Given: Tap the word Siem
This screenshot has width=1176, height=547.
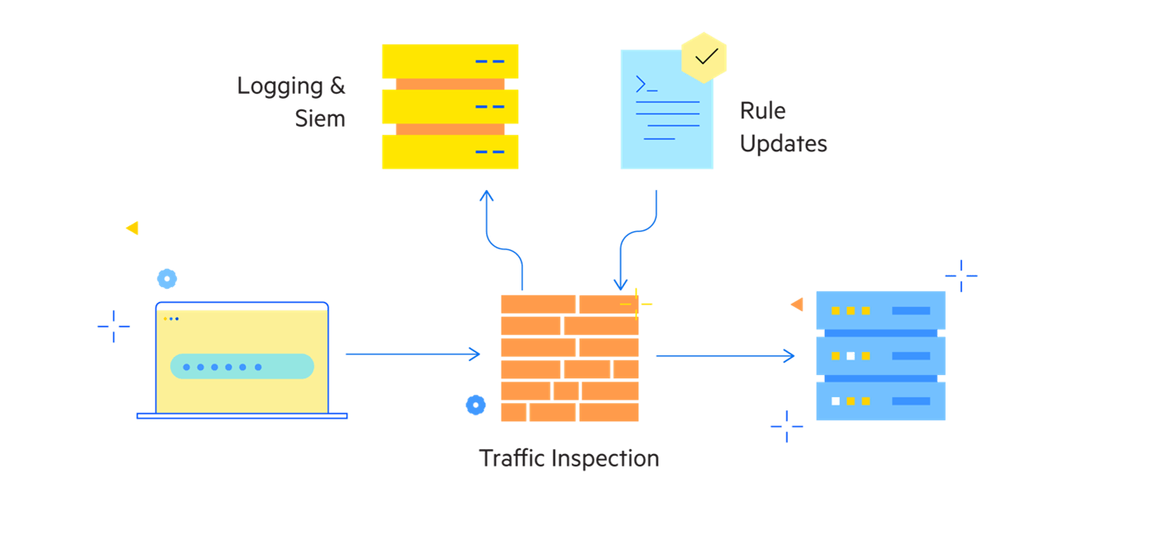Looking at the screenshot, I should [x=320, y=118].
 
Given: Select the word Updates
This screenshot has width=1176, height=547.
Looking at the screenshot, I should [x=783, y=143].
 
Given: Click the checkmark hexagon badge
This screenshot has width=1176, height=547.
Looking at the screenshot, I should [x=705, y=58].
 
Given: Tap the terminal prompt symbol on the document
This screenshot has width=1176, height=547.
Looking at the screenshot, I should [x=646, y=84].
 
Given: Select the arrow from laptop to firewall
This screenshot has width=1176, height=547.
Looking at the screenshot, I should [x=411, y=355].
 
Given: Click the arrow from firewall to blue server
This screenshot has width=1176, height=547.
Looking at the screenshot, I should [x=724, y=356].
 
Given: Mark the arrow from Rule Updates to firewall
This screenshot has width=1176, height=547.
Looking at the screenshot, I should [x=638, y=239].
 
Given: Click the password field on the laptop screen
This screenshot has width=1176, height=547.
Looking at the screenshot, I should [x=242, y=367].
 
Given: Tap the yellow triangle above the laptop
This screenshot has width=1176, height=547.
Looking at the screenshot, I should [x=132, y=228].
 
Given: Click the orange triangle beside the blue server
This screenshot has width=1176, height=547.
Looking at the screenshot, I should [x=797, y=304].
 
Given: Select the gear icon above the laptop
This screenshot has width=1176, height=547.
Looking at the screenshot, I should [x=167, y=279].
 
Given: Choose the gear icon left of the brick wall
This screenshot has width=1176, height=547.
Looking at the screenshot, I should [x=475, y=405].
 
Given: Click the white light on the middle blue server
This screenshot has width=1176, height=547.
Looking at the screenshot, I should [x=850, y=356].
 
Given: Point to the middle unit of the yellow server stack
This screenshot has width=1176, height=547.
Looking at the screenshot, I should [x=450, y=106].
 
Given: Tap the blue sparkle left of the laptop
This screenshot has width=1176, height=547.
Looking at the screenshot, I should [x=113, y=327].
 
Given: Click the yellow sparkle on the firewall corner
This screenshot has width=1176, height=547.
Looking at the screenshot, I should [x=636, y=304].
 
